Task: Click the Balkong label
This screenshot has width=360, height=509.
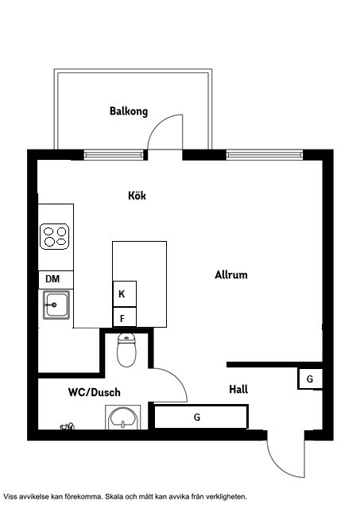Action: click(129, 111)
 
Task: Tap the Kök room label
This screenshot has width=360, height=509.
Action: click(137, 196)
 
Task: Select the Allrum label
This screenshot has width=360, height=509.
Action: click(231, 274)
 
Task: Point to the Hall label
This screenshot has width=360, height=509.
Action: click(238, 389)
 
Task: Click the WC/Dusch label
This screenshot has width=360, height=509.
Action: click(94, 392)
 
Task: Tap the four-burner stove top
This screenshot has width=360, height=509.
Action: click(55, 236)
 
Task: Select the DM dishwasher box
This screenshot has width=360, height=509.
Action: click(56, 279)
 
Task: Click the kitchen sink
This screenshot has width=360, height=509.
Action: click(56, 305)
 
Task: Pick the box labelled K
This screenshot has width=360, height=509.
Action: click(125, 293)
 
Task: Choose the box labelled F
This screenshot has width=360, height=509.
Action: click(125, 317)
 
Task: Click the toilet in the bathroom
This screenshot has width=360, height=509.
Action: click(126, 350)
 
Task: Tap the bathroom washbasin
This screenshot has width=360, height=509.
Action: click(123, 417)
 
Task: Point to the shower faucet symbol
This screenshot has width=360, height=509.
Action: click(68, 426)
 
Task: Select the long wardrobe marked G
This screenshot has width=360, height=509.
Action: click(201, 417)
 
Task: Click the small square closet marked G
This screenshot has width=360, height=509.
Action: click(310, 379)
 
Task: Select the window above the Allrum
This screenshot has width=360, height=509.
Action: click(265, 155)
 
